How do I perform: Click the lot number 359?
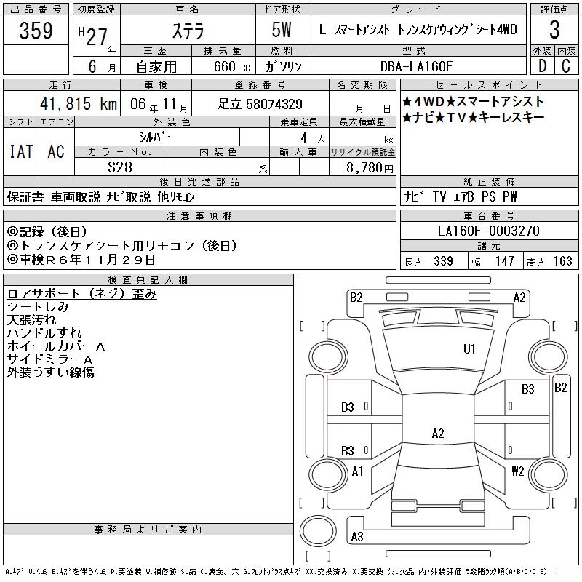pyautogui.click(x=36, y=31)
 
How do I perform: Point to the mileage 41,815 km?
pyautogui.click(x=73, y=103)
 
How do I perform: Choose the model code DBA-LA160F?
pyautogui.click(x=416, y=65)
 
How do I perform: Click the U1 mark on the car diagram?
pyautogui.click(x=469, y=349)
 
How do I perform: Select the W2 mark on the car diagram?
pyautogui.click(x=518, y=471)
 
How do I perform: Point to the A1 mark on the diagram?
pyautogui.click(x=357, y=471)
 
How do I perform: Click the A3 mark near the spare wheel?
pyautogui.click(x=357, y=537)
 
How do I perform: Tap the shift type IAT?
pyautogui.click(x=21, y=151)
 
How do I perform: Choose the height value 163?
pyautogui.click(x=563, y=261)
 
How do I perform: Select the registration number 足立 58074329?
pyautogui.click(x=260, y=104)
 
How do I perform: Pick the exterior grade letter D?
pyautogui.click(x=542, y=65)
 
